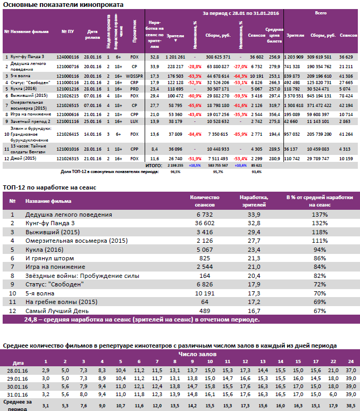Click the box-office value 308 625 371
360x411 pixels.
218,56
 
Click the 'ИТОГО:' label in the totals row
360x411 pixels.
153,166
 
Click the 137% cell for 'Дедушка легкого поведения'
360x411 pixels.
320,215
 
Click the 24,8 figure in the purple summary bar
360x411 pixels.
31,319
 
